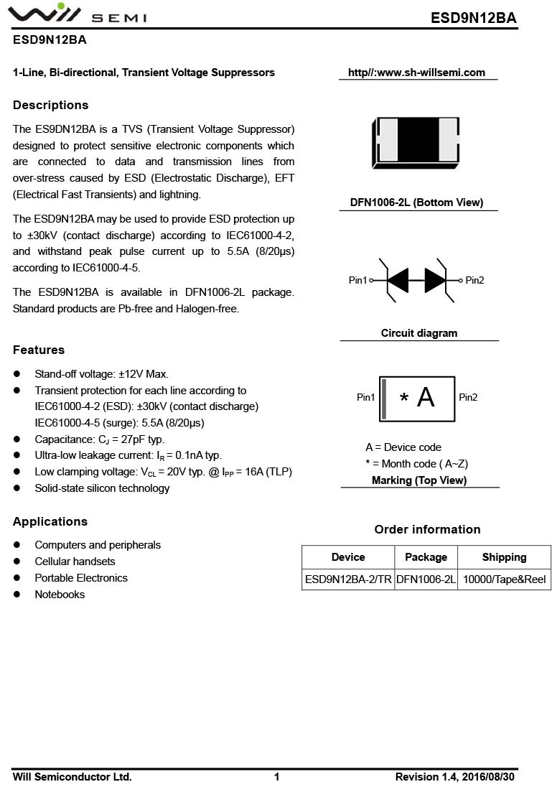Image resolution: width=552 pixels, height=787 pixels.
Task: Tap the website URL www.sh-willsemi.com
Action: coord(416,73)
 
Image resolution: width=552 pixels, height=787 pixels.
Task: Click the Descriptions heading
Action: coord(50,106)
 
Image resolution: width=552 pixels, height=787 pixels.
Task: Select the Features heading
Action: coord(39,350)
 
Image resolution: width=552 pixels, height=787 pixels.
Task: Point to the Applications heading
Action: coord(50,522)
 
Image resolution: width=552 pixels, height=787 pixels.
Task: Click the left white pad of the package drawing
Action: coord(388,139)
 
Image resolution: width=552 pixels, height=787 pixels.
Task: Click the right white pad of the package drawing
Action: coord(448,139)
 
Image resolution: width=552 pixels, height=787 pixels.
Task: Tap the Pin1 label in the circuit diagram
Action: coord(357,280)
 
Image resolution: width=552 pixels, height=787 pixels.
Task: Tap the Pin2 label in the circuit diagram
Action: coord(475,280)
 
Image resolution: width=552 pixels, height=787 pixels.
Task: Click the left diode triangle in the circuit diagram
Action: coord(398,280)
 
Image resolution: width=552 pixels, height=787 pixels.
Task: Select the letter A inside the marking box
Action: coord(426,397)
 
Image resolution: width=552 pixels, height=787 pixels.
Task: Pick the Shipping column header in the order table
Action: coord(504,557)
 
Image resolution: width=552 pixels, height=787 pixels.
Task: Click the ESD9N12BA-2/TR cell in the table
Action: coord(348,579)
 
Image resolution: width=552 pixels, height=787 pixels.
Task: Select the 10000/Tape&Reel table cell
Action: coord(504,579)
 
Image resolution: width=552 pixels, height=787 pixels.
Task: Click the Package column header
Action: coord(426,557)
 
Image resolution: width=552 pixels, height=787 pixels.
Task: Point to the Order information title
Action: coord(427,530)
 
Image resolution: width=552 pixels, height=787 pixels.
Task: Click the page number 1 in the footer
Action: coord(277,777)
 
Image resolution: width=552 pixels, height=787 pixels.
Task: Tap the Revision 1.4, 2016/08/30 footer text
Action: coord(454,777)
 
